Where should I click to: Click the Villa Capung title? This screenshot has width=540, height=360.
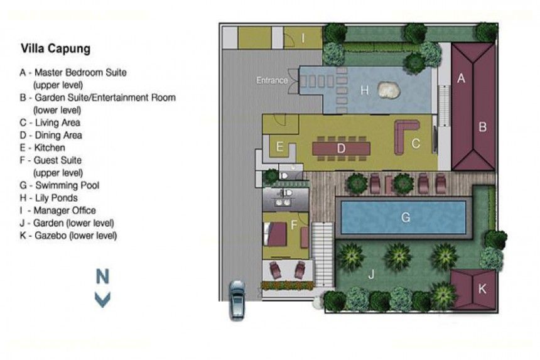(x=55, y=48)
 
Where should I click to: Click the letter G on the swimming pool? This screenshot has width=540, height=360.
(x=406, y=217)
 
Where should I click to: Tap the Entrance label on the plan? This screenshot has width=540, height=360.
(x=272, y=80)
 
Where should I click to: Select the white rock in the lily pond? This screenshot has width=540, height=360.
(x=389, y=90)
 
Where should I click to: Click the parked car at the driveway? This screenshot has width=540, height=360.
(x=237, y=300)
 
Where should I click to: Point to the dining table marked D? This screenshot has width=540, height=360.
(x=341, y=149)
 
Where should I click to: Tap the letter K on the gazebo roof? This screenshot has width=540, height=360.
(x=482, y=288)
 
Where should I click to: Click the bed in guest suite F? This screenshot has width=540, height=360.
(x=275, y=234)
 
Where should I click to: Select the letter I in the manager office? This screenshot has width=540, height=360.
(x=303, y=38)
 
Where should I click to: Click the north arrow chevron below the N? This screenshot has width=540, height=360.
(x=102, y=299)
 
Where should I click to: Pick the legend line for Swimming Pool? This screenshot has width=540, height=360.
(x=59, y=185)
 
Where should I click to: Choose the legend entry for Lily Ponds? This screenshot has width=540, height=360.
(x=48, y=198)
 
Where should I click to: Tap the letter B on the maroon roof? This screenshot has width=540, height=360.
(x=482, y=127)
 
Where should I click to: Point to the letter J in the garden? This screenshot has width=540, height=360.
(x=371, y=275)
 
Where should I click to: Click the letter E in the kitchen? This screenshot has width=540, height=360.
(x=279, y=147)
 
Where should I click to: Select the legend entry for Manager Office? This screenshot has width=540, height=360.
(x=58, y=210)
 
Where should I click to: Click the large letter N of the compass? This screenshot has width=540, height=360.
(x=102, y=276)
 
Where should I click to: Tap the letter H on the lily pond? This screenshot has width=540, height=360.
(x=364, y=90)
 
